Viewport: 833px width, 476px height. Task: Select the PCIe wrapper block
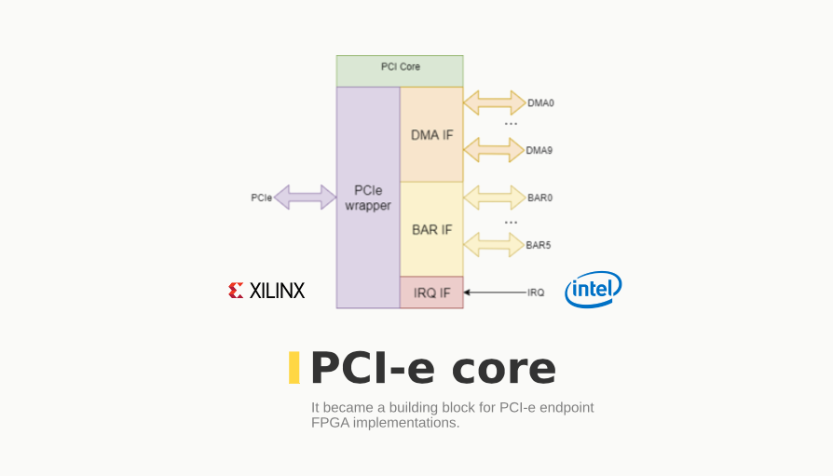[368, 197]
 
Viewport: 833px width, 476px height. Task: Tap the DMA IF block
[431, 134]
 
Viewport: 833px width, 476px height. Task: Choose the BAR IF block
[431, 228]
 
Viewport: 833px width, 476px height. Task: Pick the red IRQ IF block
[431, 292]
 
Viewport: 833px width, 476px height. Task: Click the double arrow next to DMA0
[494, 102]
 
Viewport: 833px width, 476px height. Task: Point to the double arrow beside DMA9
[494, 149]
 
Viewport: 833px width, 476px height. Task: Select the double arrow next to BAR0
[494, 197]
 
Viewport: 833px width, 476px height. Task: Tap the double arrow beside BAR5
[494, 245]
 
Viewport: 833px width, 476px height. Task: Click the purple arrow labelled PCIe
[305, 197]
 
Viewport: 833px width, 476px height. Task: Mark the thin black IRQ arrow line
[495, 292]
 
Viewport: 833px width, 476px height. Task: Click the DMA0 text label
[540, 102]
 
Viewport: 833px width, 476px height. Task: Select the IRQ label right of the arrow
[536, 292]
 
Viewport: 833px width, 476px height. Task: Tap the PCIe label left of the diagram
[261, 197]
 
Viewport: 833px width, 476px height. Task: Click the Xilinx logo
[266, 291]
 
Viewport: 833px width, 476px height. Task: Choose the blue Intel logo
[594, 290]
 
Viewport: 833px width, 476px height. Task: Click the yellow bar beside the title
[294, 368]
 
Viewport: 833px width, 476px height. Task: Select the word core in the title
[504, 369]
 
